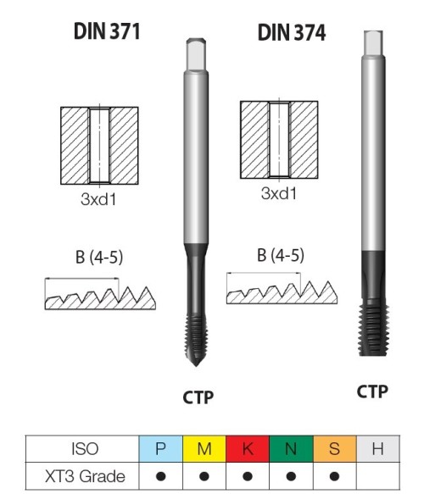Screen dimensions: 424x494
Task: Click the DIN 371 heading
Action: (x=107, y=31)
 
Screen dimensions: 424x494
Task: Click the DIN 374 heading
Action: (x=292, y=32)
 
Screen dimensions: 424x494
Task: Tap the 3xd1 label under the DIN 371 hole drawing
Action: (x=98, y=199)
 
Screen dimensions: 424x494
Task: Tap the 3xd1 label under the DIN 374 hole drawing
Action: (x=279, y=193)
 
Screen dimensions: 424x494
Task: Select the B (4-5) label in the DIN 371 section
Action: (x=99, y=257)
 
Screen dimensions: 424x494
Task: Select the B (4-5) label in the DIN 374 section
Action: (x=281, y=255)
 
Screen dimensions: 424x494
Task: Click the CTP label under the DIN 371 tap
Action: (x=198, y=397)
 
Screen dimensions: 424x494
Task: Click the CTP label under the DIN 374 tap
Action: (x=372, y=391)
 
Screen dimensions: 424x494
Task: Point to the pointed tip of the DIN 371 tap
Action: (x=196, y=366)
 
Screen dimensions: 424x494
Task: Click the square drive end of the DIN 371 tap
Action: (x=196, y=54)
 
